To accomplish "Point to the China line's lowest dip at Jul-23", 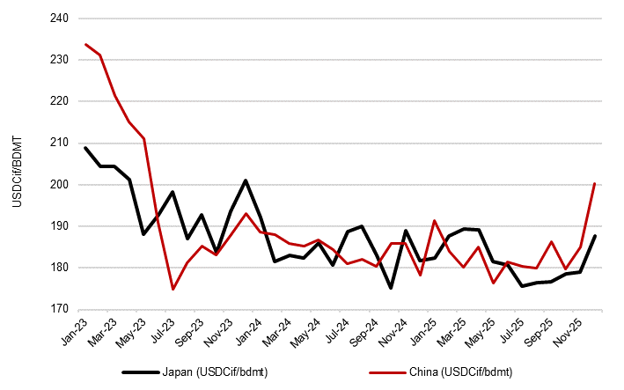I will (x=173, y=289).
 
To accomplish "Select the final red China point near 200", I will (x=595, y=184).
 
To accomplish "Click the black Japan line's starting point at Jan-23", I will (x=85, y=148).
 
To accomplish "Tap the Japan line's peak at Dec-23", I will (x=246, y=180).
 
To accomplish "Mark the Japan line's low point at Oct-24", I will (x=391, y=288).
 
